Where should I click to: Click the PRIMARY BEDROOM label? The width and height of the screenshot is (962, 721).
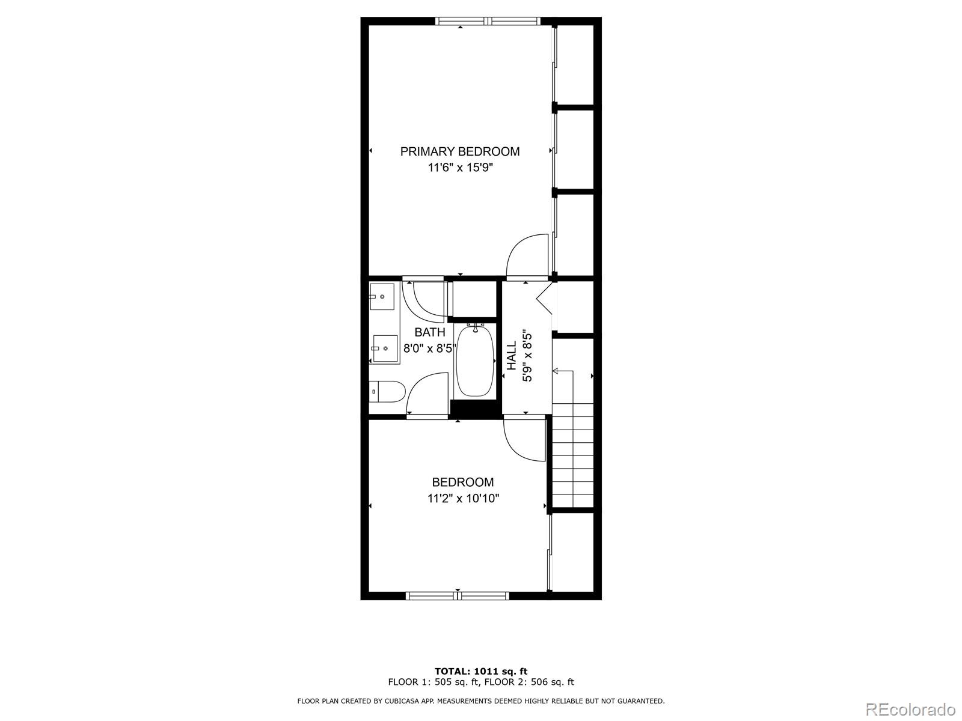(x=460, y=151)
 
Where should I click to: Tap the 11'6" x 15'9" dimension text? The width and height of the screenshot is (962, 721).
(x=460, y=168)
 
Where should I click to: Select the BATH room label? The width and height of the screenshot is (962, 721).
(x=430, y=332)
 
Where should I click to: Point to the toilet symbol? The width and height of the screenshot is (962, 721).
(x=388, y=392)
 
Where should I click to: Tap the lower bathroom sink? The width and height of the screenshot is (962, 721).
(x=385, y=348)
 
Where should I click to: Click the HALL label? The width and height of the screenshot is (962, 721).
(x=512, y=356)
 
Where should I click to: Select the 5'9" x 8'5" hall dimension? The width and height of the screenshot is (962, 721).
(x=527, y=356)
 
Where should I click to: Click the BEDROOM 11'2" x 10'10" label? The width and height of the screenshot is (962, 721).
(x=463, y=490)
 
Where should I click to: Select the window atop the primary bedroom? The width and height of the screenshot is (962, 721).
(x=488, y=21)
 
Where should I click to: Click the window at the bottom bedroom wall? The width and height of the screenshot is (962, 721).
(x=458, y=595)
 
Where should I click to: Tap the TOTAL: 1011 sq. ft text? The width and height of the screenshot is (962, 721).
(x=481, y=671)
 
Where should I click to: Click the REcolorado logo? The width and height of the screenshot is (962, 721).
(x=910, y=710)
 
